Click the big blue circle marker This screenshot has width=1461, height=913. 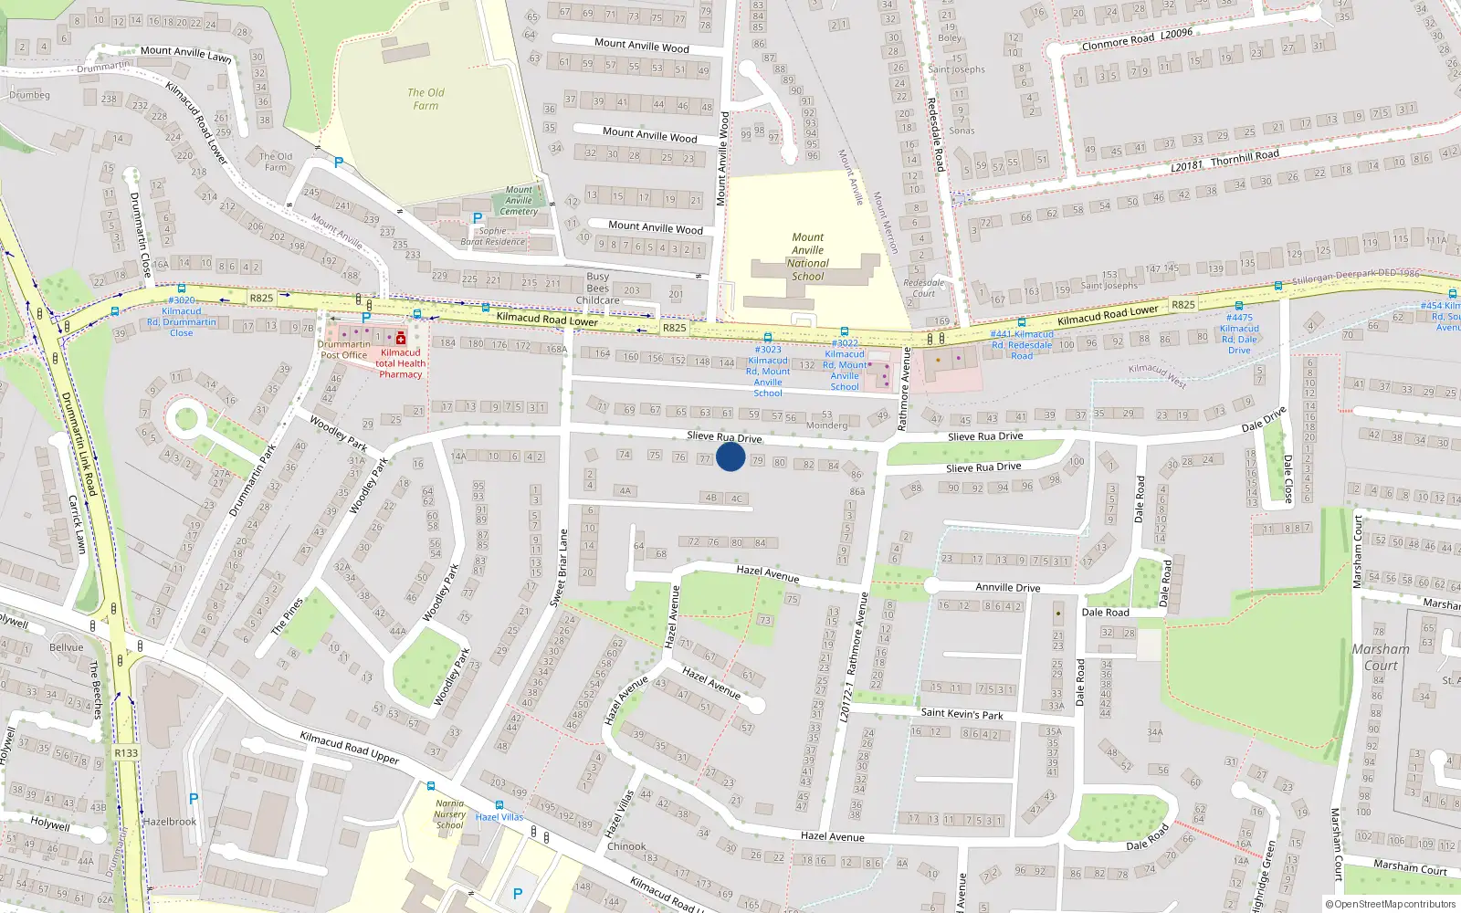pos(730,456)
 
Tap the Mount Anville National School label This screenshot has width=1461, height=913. pos(807,257)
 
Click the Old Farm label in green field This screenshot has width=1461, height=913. pos(426,99)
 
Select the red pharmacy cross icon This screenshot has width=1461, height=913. pos(401,339)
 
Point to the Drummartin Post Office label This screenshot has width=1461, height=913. pos(343,350)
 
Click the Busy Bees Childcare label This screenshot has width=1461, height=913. pos(598,288)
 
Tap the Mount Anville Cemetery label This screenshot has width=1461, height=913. pos(519,201)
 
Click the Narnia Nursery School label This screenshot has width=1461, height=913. pos(449,814)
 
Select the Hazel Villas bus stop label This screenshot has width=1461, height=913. pos(499,817)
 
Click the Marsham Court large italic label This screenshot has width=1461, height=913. pos(1380,656)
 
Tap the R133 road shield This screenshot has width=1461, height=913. pos(126,753)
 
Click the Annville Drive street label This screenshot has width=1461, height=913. pos(1007,587)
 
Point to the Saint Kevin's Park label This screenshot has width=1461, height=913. pos(962,714)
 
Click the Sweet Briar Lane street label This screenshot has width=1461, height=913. pos(559,567)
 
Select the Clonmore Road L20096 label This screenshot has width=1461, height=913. pos(1137,38)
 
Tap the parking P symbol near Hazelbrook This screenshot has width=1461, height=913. pos(193,799)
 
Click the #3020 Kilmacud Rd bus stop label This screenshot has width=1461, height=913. pos(182,316)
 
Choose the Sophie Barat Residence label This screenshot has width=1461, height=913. pos(493,236)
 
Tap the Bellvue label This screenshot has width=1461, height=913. pos(66,647)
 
